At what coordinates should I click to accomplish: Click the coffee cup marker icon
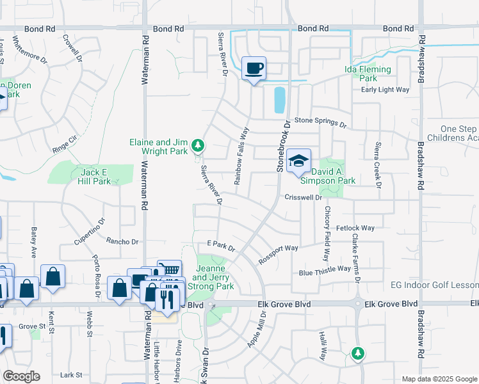[254, 68]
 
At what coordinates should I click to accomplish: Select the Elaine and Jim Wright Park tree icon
[199, 146]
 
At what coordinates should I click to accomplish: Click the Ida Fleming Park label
[368, 74]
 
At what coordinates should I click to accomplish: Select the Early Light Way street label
[385, 90]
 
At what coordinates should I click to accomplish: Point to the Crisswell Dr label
[303, 198]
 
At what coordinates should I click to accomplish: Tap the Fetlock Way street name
[355, 228]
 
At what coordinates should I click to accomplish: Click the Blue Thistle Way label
[325, 273]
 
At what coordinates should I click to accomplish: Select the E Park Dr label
[221, 245]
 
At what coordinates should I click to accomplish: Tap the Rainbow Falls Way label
[241, 156]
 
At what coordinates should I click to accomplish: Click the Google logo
[21, 376]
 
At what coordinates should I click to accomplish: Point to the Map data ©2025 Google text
[439, 379]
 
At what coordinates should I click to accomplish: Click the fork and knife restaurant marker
[168, 298]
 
